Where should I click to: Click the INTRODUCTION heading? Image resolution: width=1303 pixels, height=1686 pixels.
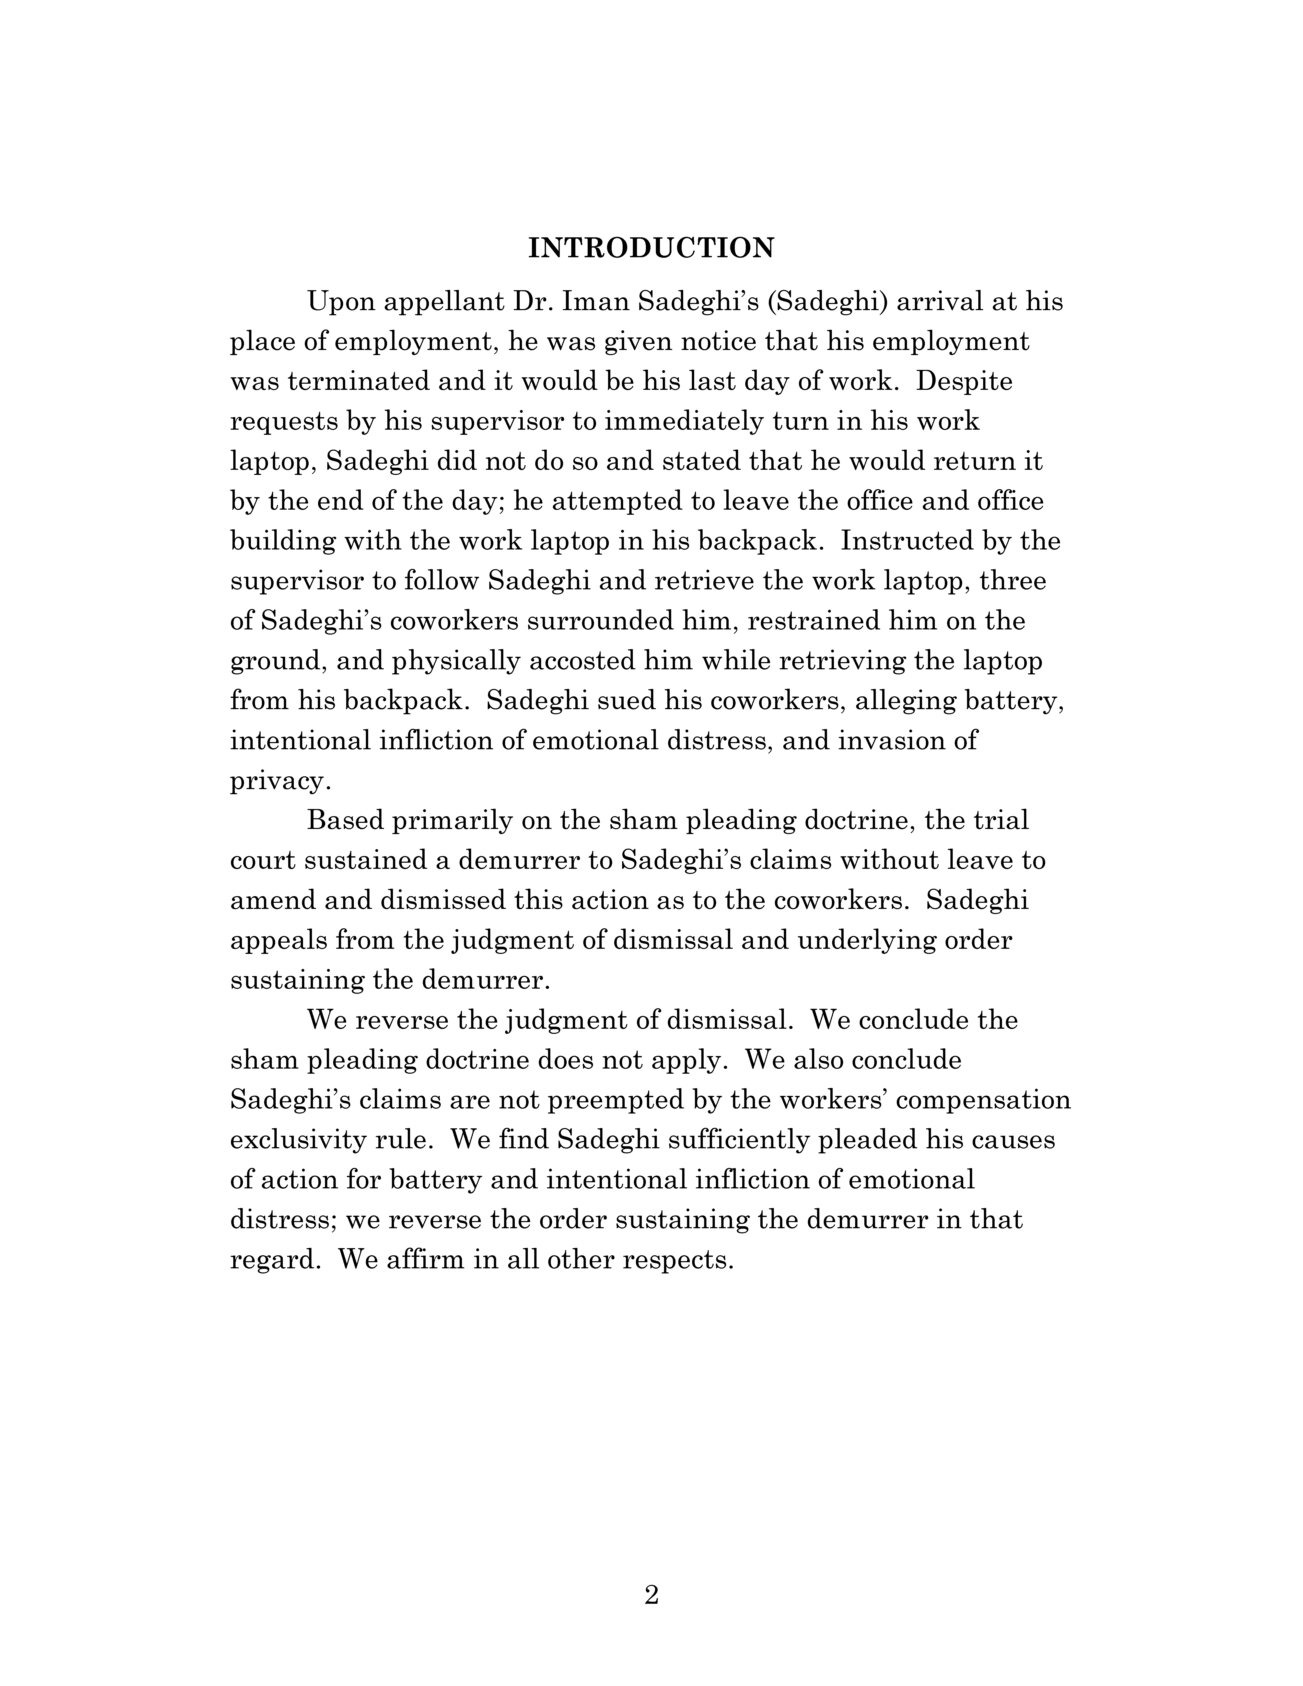pyautogui.click(x=651, y=248)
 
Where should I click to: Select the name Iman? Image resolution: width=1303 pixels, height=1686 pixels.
pyautogui.click(x=596, y=301)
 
